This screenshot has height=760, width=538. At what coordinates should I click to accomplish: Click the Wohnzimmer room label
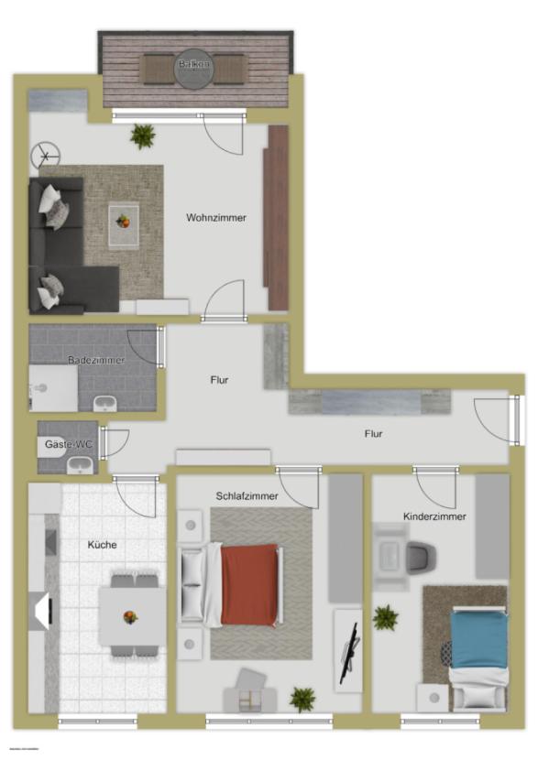pyautogui.click(x=216, y=218)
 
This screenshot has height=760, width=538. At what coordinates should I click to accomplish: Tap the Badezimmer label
pyautogui.click(x=96, y=360)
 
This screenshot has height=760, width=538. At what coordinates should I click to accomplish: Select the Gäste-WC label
pyautogui.click(x=66, y=444)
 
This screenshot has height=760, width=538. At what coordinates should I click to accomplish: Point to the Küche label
pyautogui.click(x=103, y=545)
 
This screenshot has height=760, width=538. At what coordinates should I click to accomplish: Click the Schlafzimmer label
pyautogui.click(x=248, y=495)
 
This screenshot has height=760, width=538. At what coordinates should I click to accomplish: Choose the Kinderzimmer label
pyautogui.click(x=434, y=516)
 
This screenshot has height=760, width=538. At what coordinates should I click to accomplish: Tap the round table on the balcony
pyautogui.click(x=193, y=67)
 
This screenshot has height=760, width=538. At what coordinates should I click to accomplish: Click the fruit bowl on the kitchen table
pyautogui.click(x=130, y=616)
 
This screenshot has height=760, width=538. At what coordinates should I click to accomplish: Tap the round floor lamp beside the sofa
pyautogui.click(x=44, y=157)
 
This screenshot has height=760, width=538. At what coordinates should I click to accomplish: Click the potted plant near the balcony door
pyautogui.click(x=142, y=136)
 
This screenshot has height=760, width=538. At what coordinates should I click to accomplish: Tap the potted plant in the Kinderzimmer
pyautogui.click(x=386, y=618)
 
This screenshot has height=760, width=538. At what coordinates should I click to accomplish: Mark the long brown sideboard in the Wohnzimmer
pyautogui.click(x=277, y=218)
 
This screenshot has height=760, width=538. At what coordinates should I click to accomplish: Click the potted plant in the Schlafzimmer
pyautogui.click(x=302, y=700)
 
